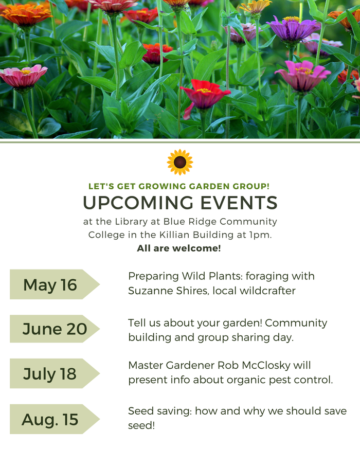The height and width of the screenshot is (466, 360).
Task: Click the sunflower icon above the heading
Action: point(180,162)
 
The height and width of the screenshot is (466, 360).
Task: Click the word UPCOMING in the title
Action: point(138,203)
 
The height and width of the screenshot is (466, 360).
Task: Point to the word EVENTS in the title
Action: point(239,203)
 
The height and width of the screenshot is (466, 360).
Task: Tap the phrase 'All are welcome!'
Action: point(179,248)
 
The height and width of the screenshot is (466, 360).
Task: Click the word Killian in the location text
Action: point(174,235)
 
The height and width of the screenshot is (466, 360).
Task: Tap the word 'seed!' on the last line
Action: point(141,425)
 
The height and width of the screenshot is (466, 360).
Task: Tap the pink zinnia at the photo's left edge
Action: point(23,76)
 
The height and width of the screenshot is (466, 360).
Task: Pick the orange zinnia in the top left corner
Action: point(26,14)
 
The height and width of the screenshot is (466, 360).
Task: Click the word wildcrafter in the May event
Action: point(267,291)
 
